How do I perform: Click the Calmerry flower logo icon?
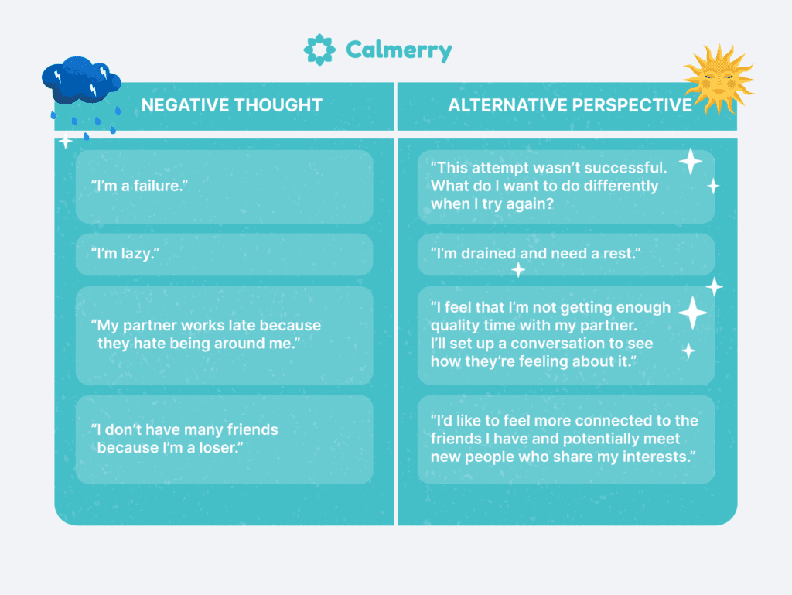point(319,50)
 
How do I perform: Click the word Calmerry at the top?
point(398,51)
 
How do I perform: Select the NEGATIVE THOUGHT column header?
point(231,105)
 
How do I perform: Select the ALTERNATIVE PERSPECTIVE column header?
point(570,105)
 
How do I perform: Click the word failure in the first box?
point(159,186)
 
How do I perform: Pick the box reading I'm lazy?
point(224,254)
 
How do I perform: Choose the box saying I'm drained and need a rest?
point(565,254)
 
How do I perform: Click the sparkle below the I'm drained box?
point(518,270)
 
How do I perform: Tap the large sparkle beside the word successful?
point(691,162)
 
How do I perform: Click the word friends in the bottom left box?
point(245,429)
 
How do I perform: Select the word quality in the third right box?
point(456,326)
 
